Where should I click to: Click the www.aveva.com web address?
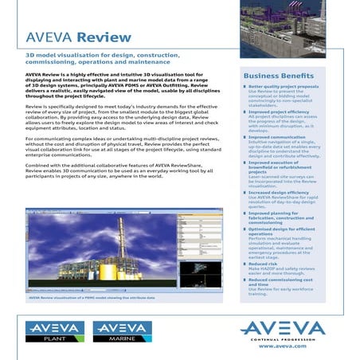[x=283, y=346]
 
